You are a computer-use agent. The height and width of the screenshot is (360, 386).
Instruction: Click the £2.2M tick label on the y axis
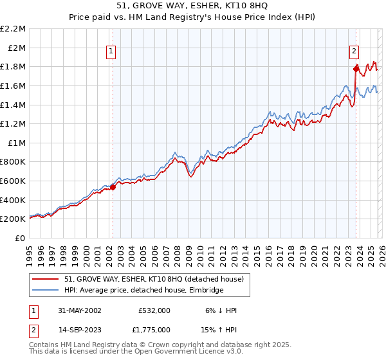click(13, 29)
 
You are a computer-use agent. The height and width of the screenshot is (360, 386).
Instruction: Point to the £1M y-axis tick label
click(16, 143)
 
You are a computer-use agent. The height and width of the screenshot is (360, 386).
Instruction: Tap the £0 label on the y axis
click(20, 238)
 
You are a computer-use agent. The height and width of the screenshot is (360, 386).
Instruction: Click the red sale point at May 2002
click(113, 187)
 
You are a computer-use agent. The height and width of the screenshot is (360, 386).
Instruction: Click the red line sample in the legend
click(46, 280)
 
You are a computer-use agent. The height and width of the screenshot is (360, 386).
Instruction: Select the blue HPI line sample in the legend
click(46, 291)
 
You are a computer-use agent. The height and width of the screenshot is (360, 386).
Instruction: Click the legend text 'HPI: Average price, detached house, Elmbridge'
click(143, 291)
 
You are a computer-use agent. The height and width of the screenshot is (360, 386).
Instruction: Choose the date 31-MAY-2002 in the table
click(78, 310)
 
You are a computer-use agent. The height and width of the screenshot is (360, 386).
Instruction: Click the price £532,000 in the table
click(154, 310)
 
